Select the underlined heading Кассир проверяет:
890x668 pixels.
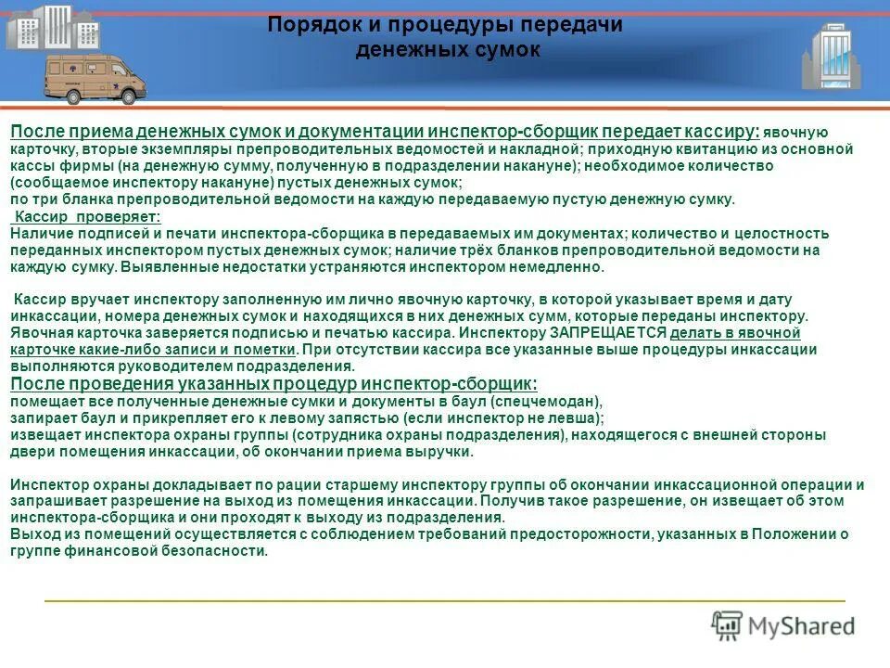(87, 216)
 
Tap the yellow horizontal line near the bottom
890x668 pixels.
(445, 601)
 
